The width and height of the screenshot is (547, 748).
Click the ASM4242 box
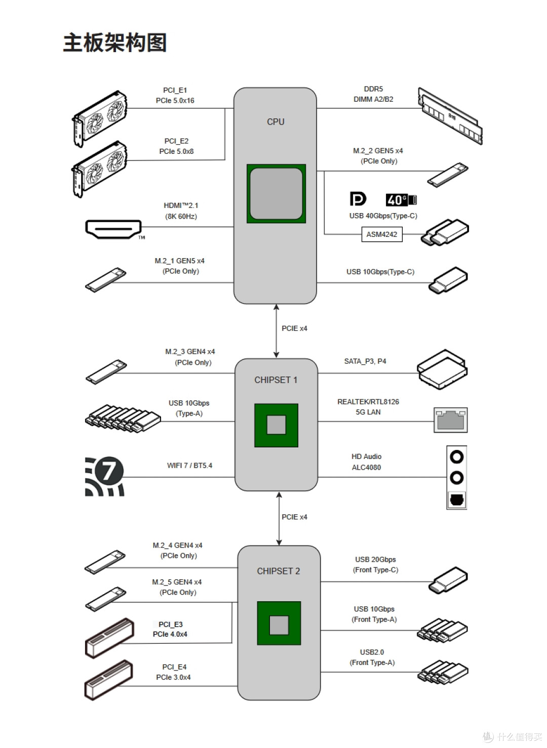click(x=381, y=234)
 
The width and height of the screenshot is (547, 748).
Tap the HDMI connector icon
click(x=113, y=229)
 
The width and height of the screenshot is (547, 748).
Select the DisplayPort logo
click(x=358, y=199)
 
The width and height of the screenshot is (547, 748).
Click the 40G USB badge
click(x=401, y=200)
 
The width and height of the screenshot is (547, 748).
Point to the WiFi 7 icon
click(x=104, y=476)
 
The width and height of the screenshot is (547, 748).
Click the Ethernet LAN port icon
click(x=450, y=420)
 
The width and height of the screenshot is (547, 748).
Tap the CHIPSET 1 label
click(x=276, y=380)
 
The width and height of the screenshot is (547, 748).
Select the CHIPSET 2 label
click(x=279, y=571)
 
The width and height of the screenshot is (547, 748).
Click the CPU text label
click(x=276, y=122)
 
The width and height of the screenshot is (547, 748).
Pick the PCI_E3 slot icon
click(x=109, y=638)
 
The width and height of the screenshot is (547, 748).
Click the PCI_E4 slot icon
click(x=108, y=680)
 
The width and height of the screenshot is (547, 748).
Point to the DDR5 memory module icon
click(x=450, y=116)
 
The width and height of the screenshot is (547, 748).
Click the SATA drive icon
click(x=442, y=369)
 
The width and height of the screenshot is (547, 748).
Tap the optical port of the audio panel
click(x=456, y=500)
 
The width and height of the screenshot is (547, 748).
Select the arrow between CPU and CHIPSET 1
click(x=276, y=330)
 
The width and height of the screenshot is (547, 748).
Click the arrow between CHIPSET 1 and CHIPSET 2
click(x=279, y=518)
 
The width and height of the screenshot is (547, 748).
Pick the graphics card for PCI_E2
click(x=99, y=169)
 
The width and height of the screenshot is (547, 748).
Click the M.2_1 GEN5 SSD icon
click(x=105, y=280)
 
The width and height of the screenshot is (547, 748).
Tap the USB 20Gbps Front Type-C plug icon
click(x=448, y=580)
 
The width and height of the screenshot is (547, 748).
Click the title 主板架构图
click(x=114, y=43)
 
